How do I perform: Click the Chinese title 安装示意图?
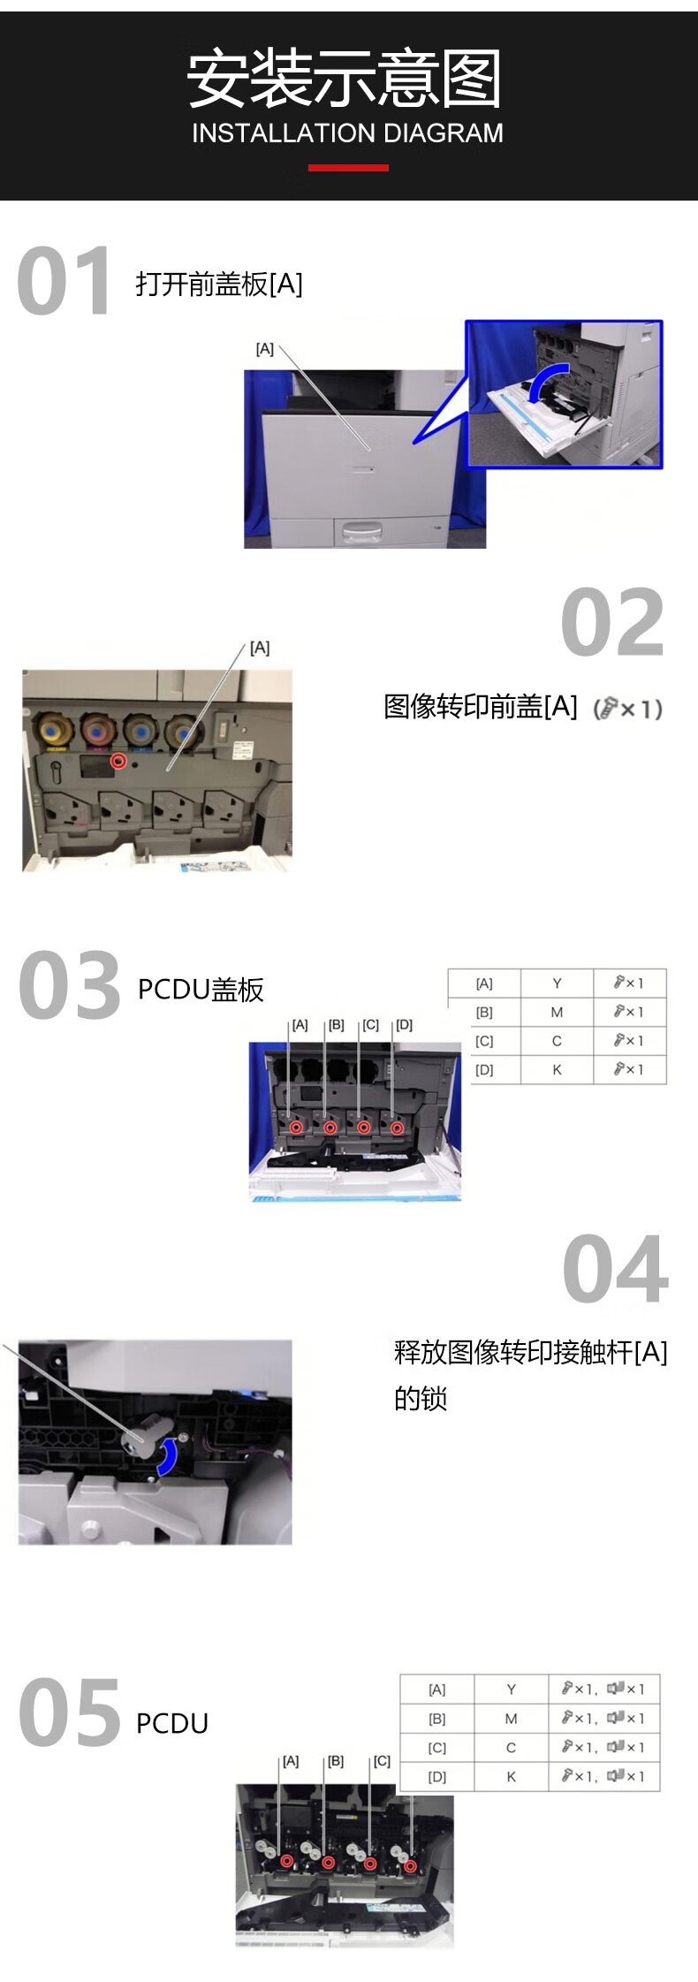pyautogui.click(x=345, y=79)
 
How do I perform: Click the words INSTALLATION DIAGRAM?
pyautogui.click(x=347, y=133)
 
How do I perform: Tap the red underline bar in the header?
pyautogui.click(x=348, y=167)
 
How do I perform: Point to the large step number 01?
pyautogui.click(x=64, y=281)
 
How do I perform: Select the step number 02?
pyautogui.click(x=612, y=623)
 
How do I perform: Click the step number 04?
pyautogui.click(x=616, y=1270)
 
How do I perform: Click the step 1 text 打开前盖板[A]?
pyautogui.click(x=219, y=285)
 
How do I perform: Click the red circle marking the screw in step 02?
pyautogui.click(x=118, y=761)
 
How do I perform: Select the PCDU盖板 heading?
pyautogui.click(x=201, y=990)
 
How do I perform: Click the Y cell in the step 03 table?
pyautogui.click(x=557, y=983)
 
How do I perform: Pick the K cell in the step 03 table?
pyautogui.click(x=557, y=1069)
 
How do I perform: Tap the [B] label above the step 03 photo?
pyautogui.click(x=336, y=1025)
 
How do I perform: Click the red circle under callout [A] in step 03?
pyautogui.click(x=296, y=1128)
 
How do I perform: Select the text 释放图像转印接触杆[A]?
pyautogui.click(x=530, y=1352)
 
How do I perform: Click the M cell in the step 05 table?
pyautogui.click(x=511, y=1719)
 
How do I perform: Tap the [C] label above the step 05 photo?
pyautogui.click(x=382, y=1761)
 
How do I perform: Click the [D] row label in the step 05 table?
pyautogui.click(x=436, y=1777)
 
